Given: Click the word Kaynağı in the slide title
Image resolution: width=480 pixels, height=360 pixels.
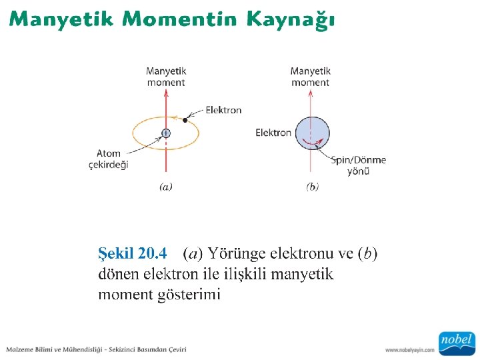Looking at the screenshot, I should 290,19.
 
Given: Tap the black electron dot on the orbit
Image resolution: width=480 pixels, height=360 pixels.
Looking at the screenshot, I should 185,120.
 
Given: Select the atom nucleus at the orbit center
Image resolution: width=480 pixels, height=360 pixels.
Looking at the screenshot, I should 166,133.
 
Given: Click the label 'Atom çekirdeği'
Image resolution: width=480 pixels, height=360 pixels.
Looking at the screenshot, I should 108,159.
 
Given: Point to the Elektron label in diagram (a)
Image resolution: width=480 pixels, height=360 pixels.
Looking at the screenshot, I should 223,110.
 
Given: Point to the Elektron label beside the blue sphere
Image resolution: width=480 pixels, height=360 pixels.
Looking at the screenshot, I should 273,133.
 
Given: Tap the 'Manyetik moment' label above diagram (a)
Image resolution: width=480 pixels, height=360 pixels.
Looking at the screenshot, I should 166,77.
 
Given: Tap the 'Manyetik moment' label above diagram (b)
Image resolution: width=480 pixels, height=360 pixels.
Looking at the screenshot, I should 311,77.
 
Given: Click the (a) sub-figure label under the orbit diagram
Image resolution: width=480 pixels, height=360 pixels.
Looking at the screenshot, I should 166,187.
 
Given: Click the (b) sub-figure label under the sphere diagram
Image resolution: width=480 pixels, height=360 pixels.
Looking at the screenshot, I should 312,187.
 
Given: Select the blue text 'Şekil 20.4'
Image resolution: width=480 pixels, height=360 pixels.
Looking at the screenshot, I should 132,253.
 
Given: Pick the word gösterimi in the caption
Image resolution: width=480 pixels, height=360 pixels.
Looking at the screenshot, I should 189,295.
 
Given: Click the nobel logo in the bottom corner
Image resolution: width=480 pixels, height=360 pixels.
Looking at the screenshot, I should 456,342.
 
